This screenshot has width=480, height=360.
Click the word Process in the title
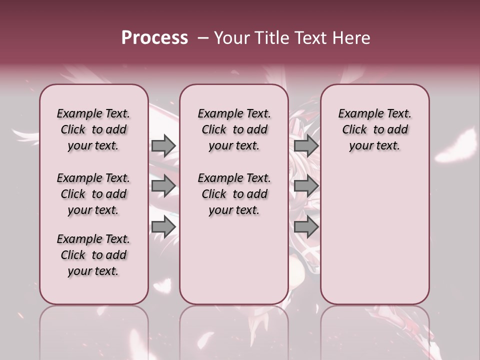pos(154,38)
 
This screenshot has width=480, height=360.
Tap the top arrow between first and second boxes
pos(163,146)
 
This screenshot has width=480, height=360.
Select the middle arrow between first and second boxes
pos(163,186)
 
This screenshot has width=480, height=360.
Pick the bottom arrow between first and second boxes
pos(163,227)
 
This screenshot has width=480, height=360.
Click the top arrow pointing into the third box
pos(306,146)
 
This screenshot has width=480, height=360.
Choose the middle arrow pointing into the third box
pos(306,186)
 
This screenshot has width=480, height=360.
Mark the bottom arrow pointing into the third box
pos(306,227)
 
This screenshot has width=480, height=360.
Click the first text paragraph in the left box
pos(93,129)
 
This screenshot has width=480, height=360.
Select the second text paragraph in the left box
pos(93,194)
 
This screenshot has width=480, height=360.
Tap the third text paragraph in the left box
pos(93,255)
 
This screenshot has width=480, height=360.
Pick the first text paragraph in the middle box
pos(234,129)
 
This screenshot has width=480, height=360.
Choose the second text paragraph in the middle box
pos(234,194)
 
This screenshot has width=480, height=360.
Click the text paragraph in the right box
pos(374,129)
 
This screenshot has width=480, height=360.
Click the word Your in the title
pos(232,38)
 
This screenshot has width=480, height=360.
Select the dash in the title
pos(203,38)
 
